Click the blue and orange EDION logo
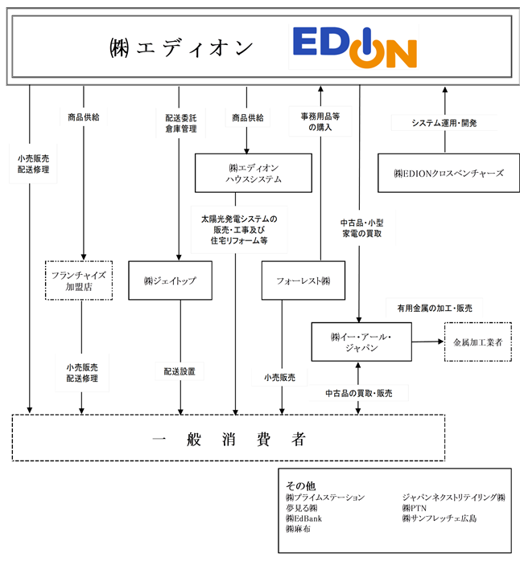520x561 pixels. [355, 47]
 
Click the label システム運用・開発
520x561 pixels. [444, 123]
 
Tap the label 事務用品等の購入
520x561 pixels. [320, 121]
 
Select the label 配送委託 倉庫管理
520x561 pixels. [181, 124]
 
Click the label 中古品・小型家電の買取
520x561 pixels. [362, 228]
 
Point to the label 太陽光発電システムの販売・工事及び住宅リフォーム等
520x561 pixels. [239, 230]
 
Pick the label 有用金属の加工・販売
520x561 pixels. [435, 308]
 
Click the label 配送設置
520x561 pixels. [180, 371]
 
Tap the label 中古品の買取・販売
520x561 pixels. [359, 393]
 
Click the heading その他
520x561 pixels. [301, 485]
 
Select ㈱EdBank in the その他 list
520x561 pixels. [304, 518]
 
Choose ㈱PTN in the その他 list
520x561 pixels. [415, 508]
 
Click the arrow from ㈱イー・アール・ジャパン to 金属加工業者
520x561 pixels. [428, 342]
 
